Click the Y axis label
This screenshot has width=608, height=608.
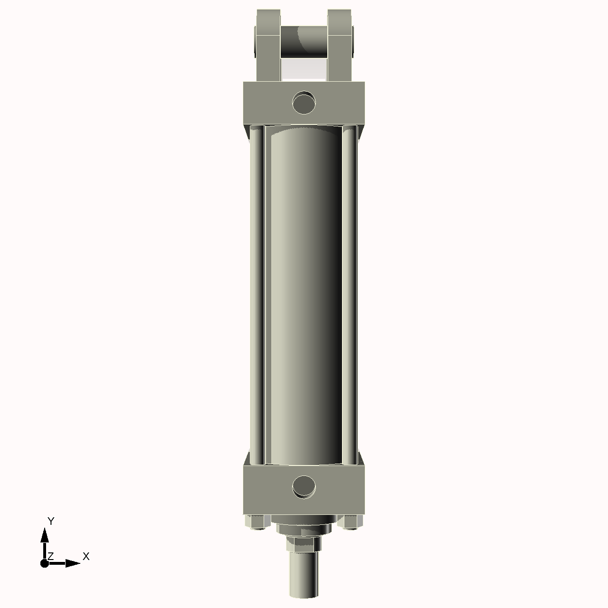(x=51, y=521)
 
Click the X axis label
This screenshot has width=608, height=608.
(x=86, y=556)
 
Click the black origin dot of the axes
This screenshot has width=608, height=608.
(x=45, y=563)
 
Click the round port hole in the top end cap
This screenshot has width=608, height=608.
(x=304, y=103)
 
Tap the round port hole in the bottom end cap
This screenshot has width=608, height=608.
(x=304, y=486)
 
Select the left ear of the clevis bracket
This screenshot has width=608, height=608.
(x=268, y=45)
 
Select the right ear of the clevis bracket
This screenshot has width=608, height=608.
(x=340, y=45)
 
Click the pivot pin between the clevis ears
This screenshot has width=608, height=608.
(x=304, y=42)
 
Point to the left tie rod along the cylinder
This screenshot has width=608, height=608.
(x=256, y=294)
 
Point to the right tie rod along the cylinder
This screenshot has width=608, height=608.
(x=350, y=294)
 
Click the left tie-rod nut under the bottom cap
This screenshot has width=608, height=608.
(x=256, y=522)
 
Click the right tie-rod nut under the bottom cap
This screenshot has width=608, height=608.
(x=352, y=522)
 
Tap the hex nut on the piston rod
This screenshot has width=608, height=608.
(x=304, y=544)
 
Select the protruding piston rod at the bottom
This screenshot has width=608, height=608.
(x=304, y=577)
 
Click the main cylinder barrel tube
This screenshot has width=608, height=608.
(x=304, y=294)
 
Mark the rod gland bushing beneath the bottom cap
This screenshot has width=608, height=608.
(x=304, y=527)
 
